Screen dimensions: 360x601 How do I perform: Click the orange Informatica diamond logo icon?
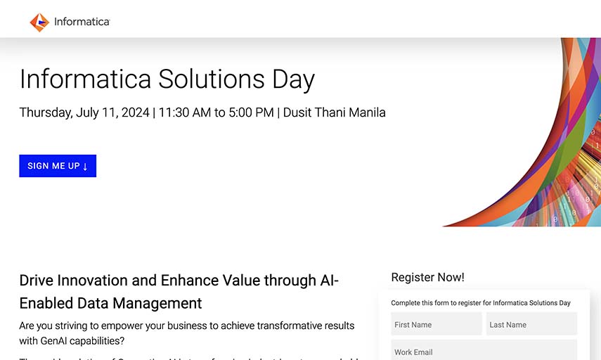39,22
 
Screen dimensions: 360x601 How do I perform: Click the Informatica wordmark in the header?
82,22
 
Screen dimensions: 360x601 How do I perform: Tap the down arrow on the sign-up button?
86,167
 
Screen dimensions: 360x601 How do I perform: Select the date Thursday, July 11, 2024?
84,112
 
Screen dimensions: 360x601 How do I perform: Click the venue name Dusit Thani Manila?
334,112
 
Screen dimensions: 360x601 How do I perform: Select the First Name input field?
436,325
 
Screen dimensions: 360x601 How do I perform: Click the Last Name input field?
531,325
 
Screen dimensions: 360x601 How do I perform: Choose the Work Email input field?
484,351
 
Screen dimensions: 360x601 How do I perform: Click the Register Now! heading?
427,278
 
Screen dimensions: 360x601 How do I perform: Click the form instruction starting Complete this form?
481,303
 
